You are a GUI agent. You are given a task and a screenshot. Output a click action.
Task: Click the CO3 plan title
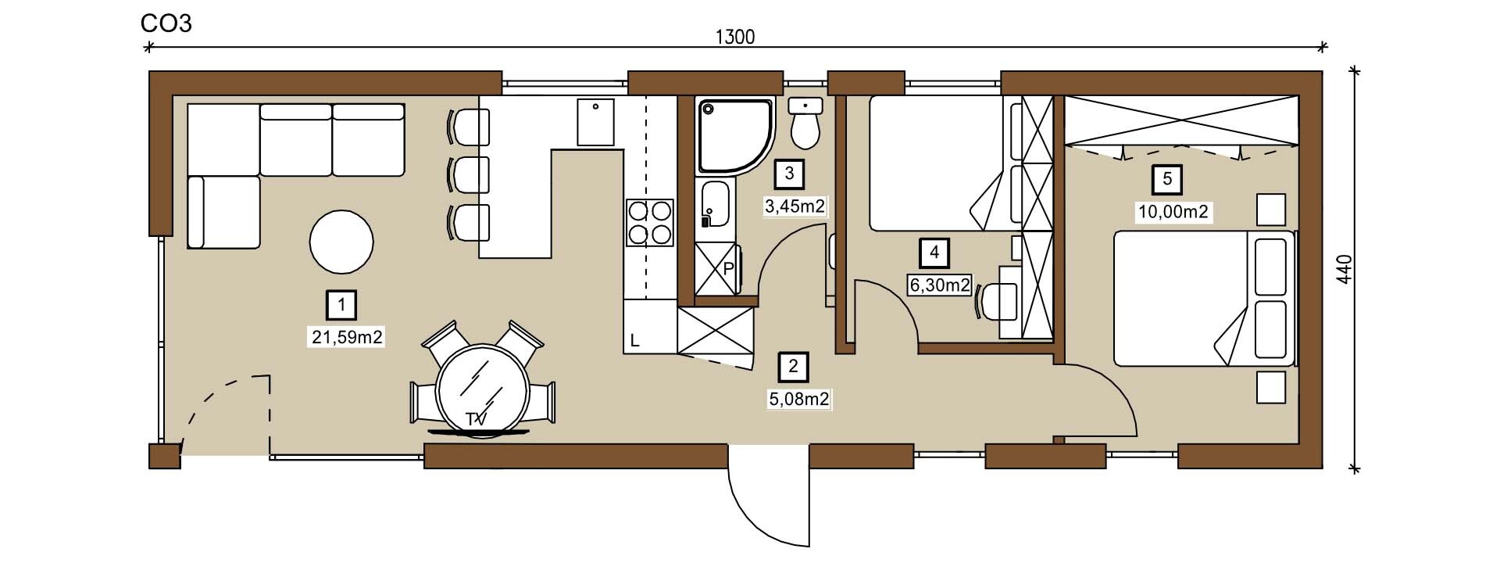[166, 23]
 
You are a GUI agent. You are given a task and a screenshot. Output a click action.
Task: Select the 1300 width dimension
[735, 37]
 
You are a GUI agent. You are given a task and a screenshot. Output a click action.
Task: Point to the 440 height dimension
[1344, 270]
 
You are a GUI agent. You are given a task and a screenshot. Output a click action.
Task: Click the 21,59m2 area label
[347, 337]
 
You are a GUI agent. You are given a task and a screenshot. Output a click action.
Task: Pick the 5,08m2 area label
[799, 400]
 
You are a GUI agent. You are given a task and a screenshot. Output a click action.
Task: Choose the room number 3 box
[789, 174]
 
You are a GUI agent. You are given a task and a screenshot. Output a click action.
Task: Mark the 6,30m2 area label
[940, 285]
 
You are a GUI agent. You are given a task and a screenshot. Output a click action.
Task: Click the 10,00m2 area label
[1173, 212]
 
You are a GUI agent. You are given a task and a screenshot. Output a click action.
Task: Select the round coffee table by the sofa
[341, 242]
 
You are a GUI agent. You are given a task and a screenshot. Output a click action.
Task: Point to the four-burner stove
[649, 223]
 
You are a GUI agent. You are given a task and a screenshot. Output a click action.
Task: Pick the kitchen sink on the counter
[595, 122]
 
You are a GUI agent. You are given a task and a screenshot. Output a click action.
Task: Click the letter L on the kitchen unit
[635, 341]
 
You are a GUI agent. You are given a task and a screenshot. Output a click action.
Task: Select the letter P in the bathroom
[728, 269]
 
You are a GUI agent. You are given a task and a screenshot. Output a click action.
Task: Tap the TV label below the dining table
[476, 420]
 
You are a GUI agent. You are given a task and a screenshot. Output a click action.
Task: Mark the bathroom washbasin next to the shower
[716, 205]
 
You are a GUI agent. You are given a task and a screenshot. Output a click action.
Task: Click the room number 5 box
[1167, 179]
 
